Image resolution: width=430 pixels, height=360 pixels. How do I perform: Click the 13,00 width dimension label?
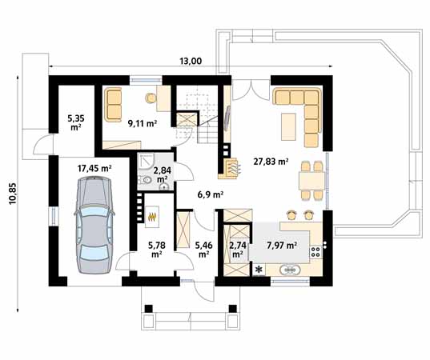(191, 61)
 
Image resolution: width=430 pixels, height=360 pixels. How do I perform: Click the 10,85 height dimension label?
(13, 194)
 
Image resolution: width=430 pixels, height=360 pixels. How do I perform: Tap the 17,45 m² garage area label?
(94, 168)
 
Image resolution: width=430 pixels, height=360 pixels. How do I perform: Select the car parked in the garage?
(94, 225)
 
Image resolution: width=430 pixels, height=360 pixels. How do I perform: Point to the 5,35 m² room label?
(76, 122)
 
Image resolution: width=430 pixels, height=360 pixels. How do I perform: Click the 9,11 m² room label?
(143, 123)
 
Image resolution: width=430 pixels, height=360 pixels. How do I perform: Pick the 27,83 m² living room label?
(271, 162)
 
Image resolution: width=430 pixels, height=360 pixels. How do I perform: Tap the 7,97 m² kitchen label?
(282, 246)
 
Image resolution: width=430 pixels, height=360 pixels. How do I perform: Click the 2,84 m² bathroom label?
(162, 174)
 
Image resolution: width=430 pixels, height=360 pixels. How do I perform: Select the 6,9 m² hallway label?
(210, 194)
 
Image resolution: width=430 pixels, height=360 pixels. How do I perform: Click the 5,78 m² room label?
(156, 249)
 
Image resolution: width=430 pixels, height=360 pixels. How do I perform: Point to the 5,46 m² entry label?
(203, 249)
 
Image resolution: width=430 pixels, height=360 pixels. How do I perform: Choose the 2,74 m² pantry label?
(238, 249)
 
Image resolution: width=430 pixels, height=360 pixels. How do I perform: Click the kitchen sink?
(290, 270)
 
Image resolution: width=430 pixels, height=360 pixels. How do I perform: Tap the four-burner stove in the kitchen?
(315, 252)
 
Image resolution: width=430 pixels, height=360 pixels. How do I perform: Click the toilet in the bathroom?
(145, 180)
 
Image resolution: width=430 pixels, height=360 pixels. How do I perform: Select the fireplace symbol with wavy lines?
(232, 168)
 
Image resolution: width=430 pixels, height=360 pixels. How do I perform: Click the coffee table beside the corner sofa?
(288, 126)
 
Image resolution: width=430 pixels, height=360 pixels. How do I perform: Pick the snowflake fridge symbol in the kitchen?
(259, 270)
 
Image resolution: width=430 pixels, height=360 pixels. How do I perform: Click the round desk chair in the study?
(151, 98)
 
